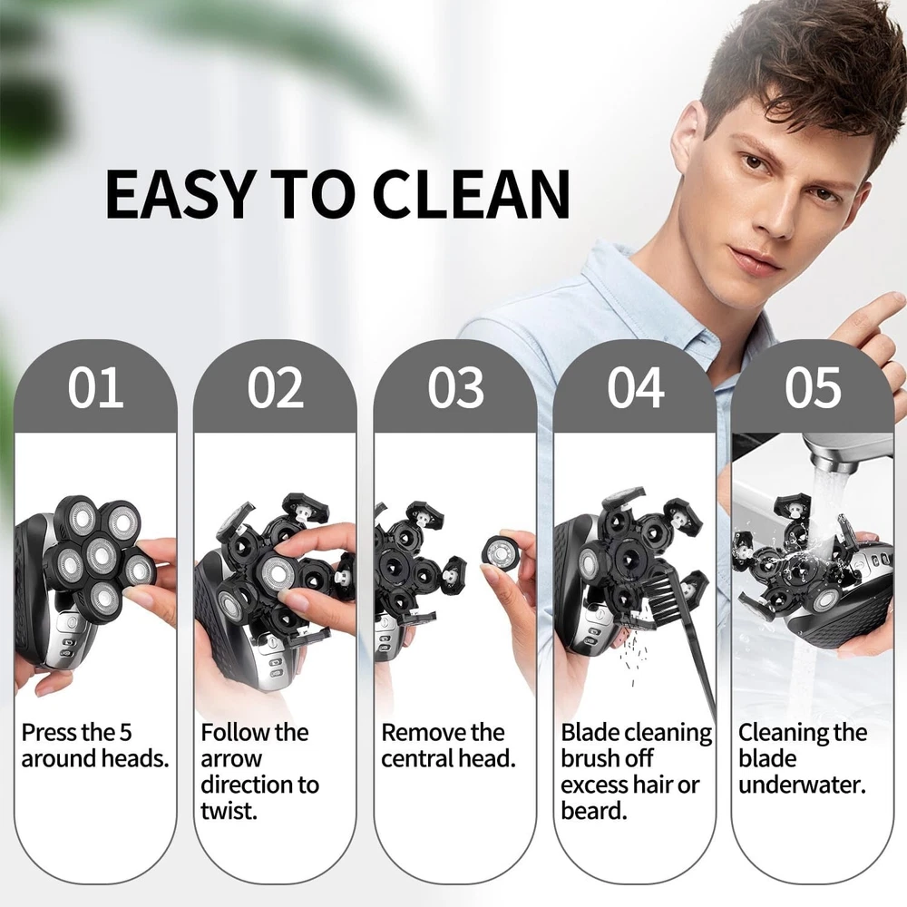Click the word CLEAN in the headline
tap(471, 194)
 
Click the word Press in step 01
tap(50, 733)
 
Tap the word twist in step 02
tap(229, 811)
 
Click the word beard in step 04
tap(594, 811)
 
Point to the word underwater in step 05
tap(803, 785)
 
